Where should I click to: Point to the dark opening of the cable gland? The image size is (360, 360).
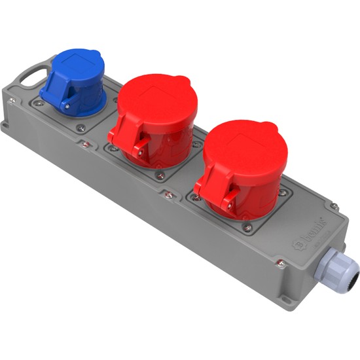coord(353,281)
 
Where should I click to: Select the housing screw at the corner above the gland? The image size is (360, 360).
coord(335,207)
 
